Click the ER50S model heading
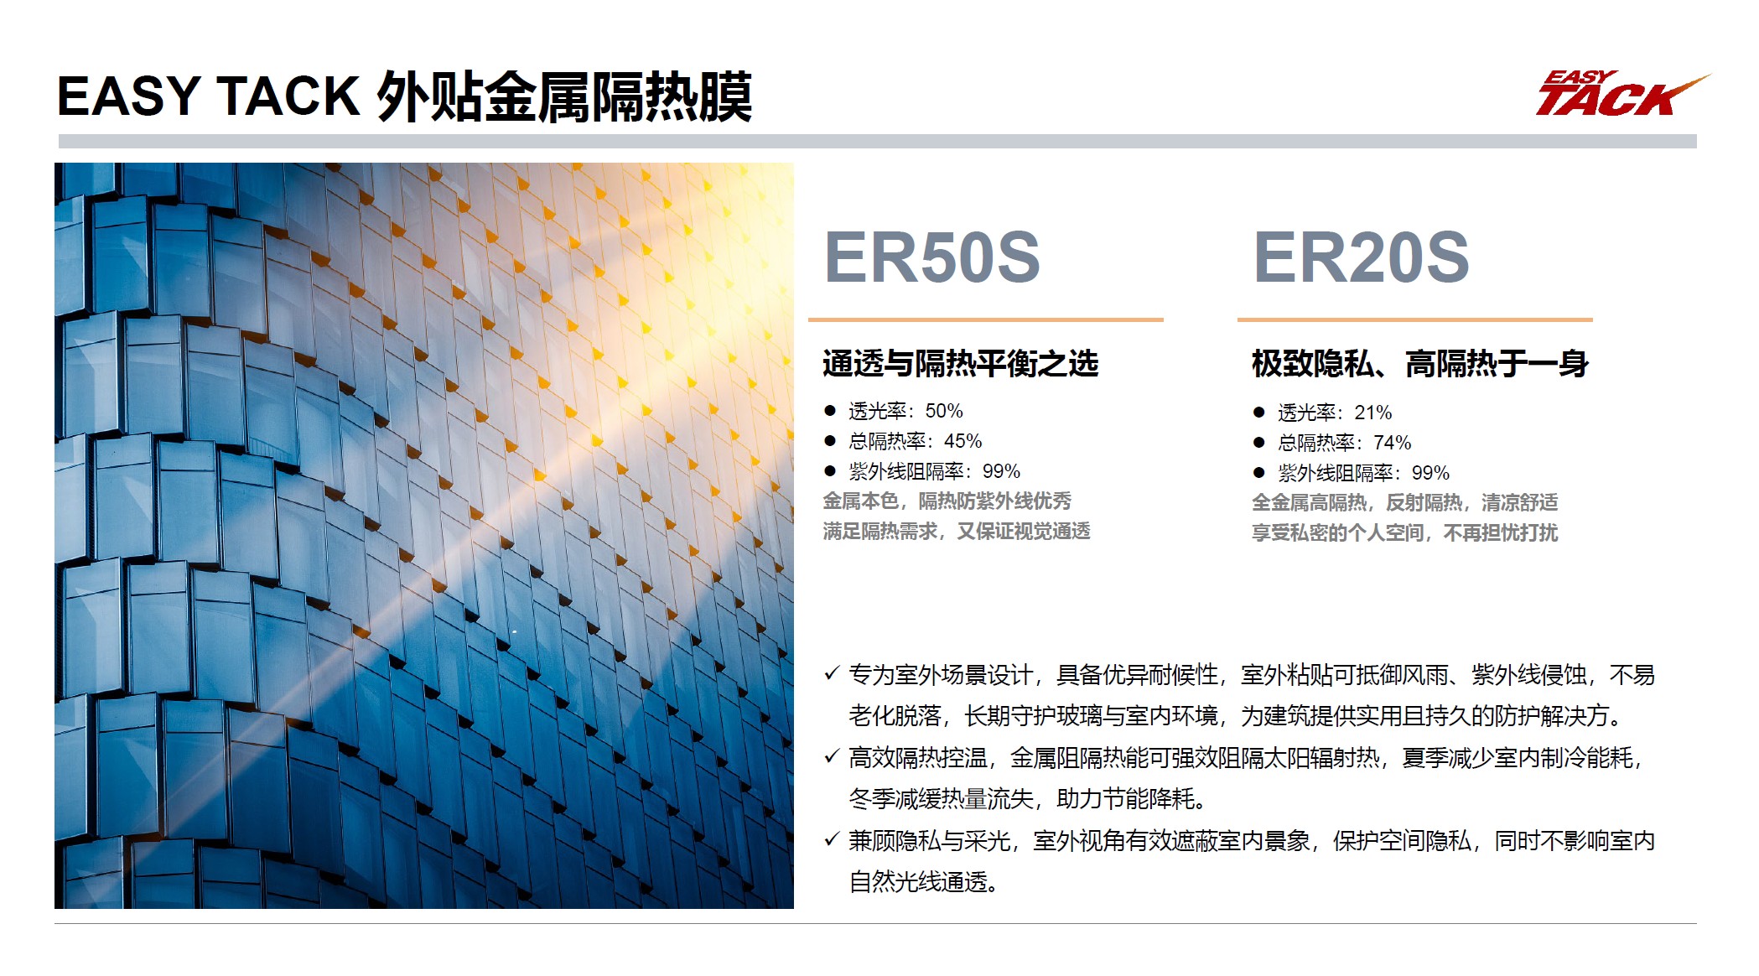click(x=931, y=257)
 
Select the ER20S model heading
click(x=1361, y=257)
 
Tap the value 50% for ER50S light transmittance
click(x=944, y=412)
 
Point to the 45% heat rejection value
click(x=963, y=442)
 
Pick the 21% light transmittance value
click(x=1373, y=413)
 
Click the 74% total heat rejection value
click(x=1392, y=444)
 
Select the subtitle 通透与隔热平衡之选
click(x=960, y=364)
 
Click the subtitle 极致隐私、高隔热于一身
click(x=1419, y=364)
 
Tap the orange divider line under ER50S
click(x=985, y=319)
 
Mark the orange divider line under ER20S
click(x=1414, y=319)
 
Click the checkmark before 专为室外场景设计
click(x=832, y=673)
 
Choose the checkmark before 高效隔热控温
click(x=832, y=756)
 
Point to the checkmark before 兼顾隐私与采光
click(x=832, y=839)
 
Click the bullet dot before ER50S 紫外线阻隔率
click(x=830, y=471)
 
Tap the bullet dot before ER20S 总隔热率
click(x=1258, y=443)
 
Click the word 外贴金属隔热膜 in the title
click(x=564, y=97)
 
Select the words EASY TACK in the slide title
click(x=208, y=97)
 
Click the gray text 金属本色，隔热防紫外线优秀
click(x=947, y=501)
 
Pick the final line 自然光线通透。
click(x=923, y=883)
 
